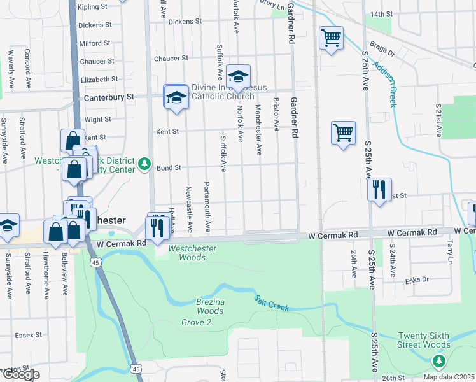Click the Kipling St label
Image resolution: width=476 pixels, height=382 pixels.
(92, 6)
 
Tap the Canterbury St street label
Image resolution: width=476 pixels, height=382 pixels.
(109, 97)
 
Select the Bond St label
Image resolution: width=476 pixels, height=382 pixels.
(169, 168)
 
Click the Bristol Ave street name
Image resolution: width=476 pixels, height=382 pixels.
(276, 115)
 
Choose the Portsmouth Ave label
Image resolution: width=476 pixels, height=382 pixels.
(207, 208)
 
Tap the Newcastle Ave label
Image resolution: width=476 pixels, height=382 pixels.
(189, 209)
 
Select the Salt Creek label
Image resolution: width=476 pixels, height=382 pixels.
(272, 303)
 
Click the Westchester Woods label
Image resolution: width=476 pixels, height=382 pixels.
(192, 253)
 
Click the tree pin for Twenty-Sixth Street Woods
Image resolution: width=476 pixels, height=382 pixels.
(438, 361)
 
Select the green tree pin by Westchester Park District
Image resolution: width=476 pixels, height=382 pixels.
(145, 164)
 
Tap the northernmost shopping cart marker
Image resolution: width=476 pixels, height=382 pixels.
(331, 38)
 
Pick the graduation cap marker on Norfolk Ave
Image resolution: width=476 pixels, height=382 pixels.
(238, 78)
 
